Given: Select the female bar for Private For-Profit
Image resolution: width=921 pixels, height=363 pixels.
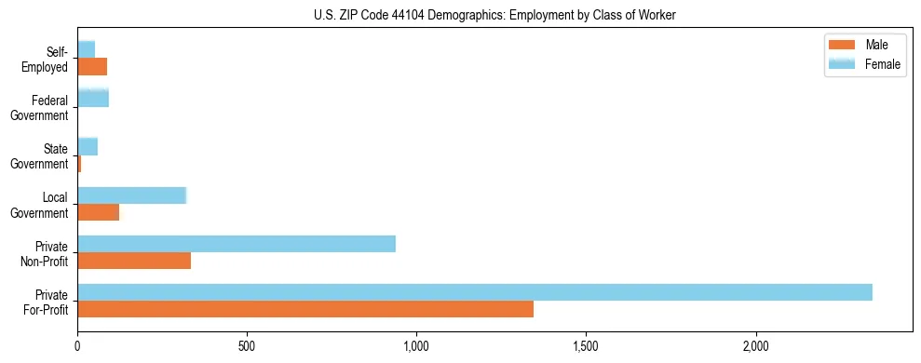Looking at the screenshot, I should coord(475,292).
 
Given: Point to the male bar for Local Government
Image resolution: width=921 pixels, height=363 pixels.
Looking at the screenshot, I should coord(99,212).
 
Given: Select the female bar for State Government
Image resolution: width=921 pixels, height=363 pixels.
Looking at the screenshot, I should coord(88,146).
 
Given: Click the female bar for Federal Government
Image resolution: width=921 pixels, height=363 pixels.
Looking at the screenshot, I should coord(93,98).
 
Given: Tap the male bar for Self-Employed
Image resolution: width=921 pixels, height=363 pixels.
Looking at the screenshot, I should coord(92,66).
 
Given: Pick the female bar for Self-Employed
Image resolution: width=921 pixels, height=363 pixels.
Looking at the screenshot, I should coord(87,49).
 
